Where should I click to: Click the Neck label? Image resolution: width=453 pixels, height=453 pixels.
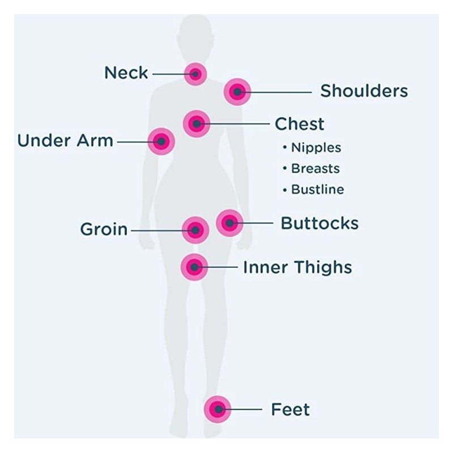click(x=126, y=73)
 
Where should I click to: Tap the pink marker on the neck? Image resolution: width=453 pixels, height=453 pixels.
click(x=195, y=74)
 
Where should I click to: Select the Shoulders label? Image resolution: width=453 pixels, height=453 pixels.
click(x=364, y=91)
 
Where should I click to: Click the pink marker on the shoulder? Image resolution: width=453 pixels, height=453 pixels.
click(x=237, y=91)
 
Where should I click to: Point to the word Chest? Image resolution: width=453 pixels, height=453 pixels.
click(x=300, y=124)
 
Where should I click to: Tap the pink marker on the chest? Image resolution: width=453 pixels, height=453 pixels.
click(x=196, y=123)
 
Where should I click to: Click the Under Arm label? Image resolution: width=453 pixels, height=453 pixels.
click(x=65, y=140)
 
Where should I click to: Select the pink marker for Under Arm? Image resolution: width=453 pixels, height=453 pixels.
click(x=161, y=141)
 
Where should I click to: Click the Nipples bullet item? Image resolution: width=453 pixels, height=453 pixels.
click(x=315, y=148)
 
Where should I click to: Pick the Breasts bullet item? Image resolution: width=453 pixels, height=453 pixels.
click(x=315, y=169)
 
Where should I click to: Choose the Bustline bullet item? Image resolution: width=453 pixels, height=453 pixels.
click(x=317, y=190)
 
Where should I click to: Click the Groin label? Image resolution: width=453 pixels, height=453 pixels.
click(x=104, y=230)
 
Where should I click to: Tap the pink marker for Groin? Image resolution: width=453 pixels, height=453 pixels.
click(x=195, y=230)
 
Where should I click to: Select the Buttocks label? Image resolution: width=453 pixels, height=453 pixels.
click(x=319, y=223)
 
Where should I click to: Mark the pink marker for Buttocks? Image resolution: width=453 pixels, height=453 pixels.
click(x=229, y=223)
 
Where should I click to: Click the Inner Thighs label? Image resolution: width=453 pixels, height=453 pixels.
click(x=297, y=267)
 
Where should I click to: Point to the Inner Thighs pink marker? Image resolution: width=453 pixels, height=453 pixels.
click(x=194, y=267)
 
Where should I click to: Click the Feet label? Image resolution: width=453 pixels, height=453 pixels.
click(x=290, y=409)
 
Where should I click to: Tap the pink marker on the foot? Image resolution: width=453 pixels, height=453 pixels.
click(x=218, y=409)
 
